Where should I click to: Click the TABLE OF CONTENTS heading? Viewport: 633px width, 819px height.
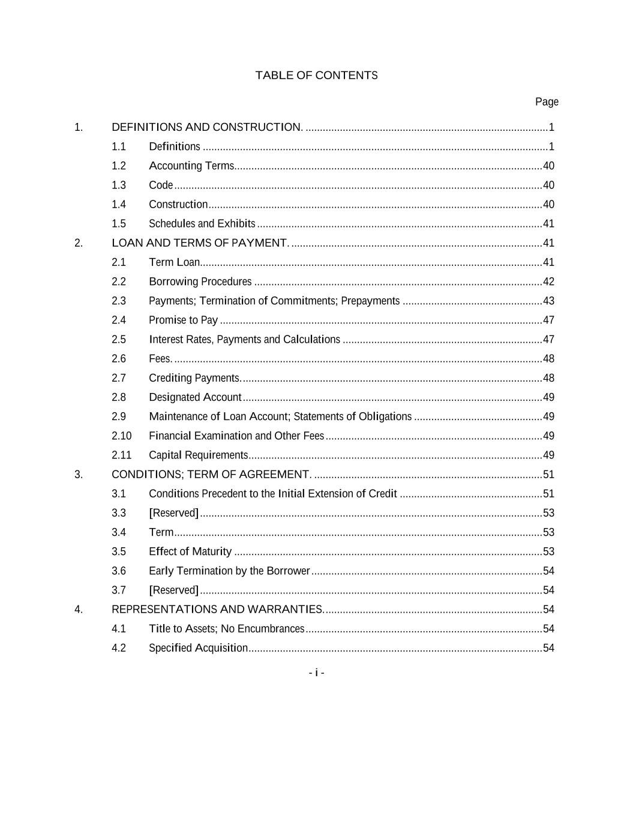[316, 76]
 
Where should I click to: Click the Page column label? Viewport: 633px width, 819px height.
[547, 102]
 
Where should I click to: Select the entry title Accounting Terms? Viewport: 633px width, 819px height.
[191, 166]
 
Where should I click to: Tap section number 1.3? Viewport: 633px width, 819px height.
[119, 185]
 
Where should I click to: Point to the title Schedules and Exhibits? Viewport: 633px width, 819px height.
[202, 224]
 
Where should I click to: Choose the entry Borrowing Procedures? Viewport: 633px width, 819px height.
[200, 282]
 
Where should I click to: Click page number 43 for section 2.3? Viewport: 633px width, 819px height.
[548, 301]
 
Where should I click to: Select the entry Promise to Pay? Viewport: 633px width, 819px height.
[183, 320]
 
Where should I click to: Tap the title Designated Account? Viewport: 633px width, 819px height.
[195, 397]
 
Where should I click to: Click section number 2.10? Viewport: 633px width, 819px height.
[121, 436]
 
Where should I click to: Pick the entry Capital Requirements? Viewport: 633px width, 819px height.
[198, 455]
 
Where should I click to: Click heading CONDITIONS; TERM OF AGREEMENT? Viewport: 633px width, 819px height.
[211, 475]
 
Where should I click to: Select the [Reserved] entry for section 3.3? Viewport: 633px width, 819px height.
[173, 513]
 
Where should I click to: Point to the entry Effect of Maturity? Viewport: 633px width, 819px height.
[190, 552]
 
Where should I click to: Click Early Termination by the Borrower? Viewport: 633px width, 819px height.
[229, 571]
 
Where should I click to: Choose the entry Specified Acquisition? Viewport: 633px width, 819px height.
[198, 648]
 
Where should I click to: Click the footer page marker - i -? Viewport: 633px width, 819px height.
[316, 673]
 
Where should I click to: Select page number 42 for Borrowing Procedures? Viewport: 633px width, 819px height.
[548, 282]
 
